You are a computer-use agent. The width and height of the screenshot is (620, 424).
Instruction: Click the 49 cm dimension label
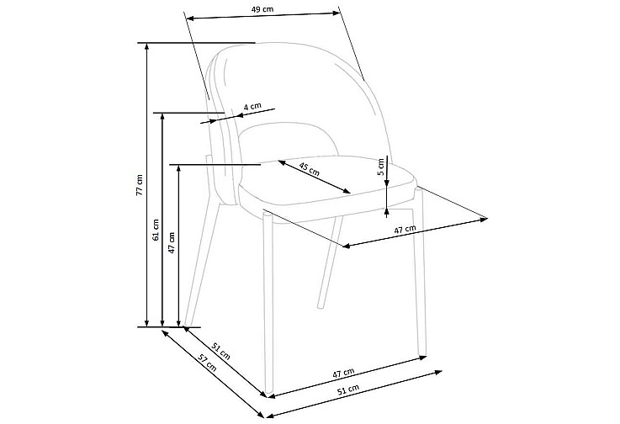pos(262,9)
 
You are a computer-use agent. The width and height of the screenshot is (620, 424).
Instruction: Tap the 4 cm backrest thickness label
pos(252,106)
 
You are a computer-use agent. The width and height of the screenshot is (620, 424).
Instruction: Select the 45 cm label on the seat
pos(310,169)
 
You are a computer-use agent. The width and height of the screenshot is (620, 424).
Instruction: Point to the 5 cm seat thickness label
pos(381,167)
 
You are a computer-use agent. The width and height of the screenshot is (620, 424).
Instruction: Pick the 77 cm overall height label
pos(139,185)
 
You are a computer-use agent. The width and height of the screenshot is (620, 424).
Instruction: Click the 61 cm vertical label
pos(156,230)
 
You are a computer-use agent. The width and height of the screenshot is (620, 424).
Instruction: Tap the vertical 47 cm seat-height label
pos(172,242)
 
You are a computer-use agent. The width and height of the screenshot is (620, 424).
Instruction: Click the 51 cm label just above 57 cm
pos(220,351)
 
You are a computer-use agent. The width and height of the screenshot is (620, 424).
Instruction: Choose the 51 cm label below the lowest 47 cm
pos(348,390)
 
